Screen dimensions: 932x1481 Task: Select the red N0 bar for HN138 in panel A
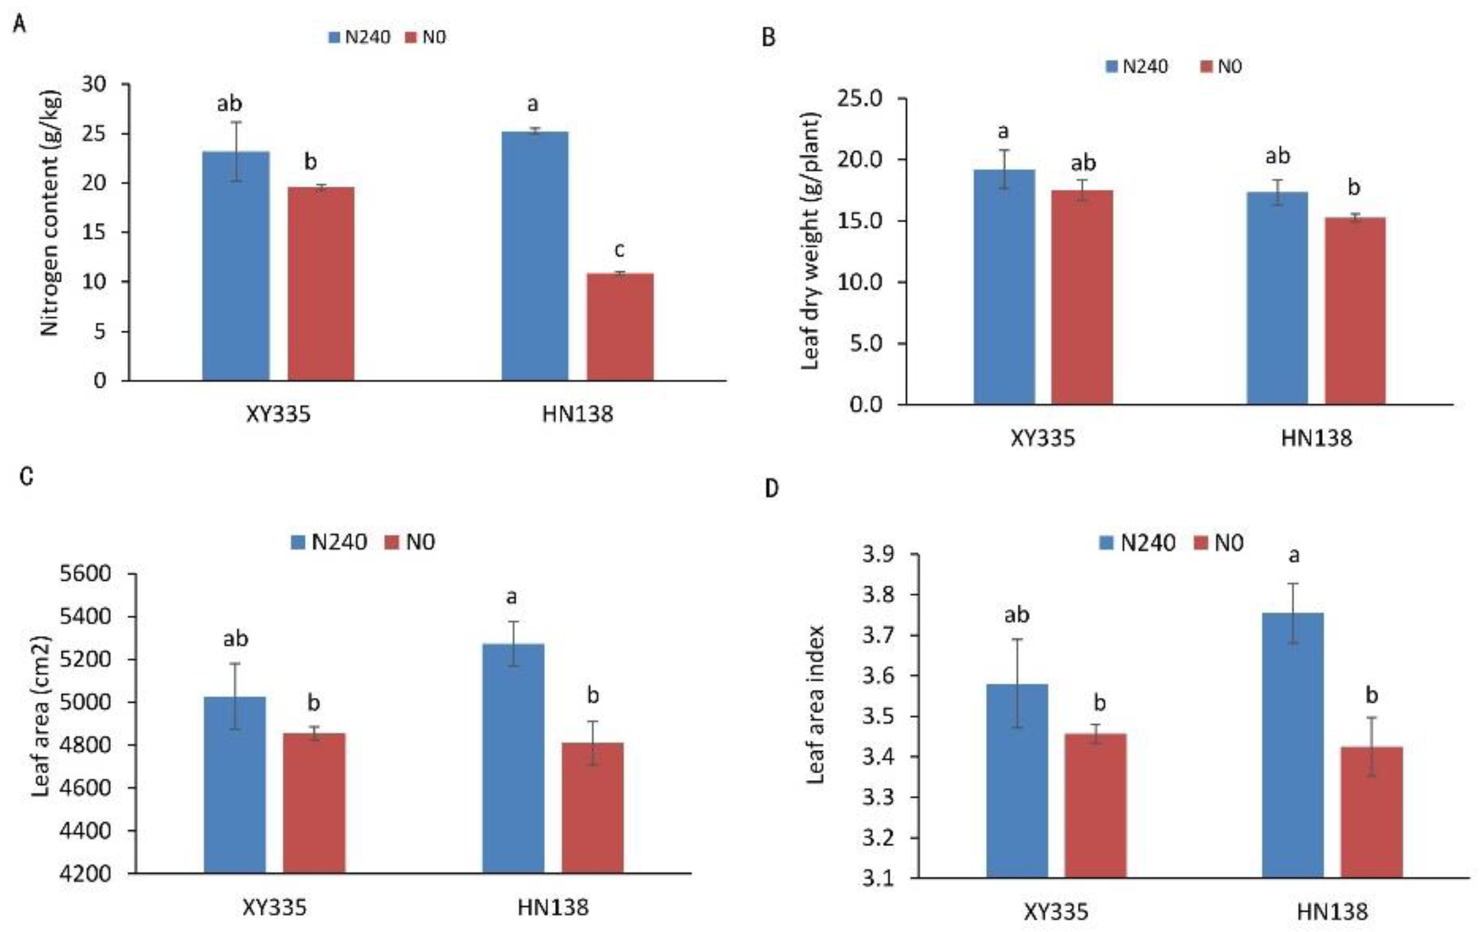click(x=620, y=327)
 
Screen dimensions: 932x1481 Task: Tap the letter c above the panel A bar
click(x=619, y=250)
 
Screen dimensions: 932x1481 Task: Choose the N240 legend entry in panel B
click(x=1137, y=67)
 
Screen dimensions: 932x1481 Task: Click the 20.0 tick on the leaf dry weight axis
click(x=859, y=159)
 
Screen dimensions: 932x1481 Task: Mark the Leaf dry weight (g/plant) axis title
click(x=811, y=241)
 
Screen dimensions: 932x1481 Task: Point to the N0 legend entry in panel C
click(x=410, y=542)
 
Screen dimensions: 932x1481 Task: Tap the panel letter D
click(x=771, y=489)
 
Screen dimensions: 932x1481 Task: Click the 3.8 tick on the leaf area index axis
click(x=879, y=595)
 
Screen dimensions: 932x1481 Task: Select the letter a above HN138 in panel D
click(x=1294, y=556)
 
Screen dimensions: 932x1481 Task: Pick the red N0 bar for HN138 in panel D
click(x=1371, y=811)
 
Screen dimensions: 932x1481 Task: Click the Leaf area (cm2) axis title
click(x=41, y=715)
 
